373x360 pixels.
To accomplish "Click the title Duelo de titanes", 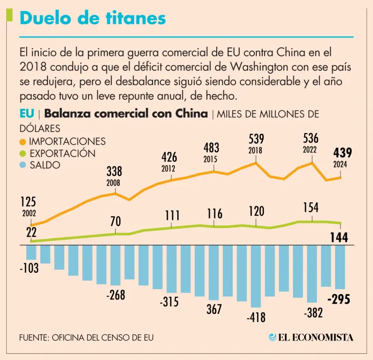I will (x=93, y=18).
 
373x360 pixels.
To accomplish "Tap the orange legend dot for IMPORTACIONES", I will (x=23, y=142).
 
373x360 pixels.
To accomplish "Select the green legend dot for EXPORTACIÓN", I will (x=23, y=154).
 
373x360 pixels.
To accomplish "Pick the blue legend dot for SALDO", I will (x=23, y=165).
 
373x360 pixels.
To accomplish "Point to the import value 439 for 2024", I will (x=343, y=153).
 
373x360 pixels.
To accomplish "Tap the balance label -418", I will (x=256, y=318).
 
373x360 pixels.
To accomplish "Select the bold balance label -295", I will (x=339, y=299).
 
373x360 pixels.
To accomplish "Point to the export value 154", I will (x=310, y=208).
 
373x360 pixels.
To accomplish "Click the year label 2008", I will (x=113, y=183).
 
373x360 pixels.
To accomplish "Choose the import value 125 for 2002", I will (x=29, y=201).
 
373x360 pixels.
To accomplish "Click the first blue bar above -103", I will (x=31, y=252).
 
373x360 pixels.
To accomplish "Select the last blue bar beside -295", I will (x=339, y=267).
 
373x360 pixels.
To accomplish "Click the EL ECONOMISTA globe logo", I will (x=273, y=337).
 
